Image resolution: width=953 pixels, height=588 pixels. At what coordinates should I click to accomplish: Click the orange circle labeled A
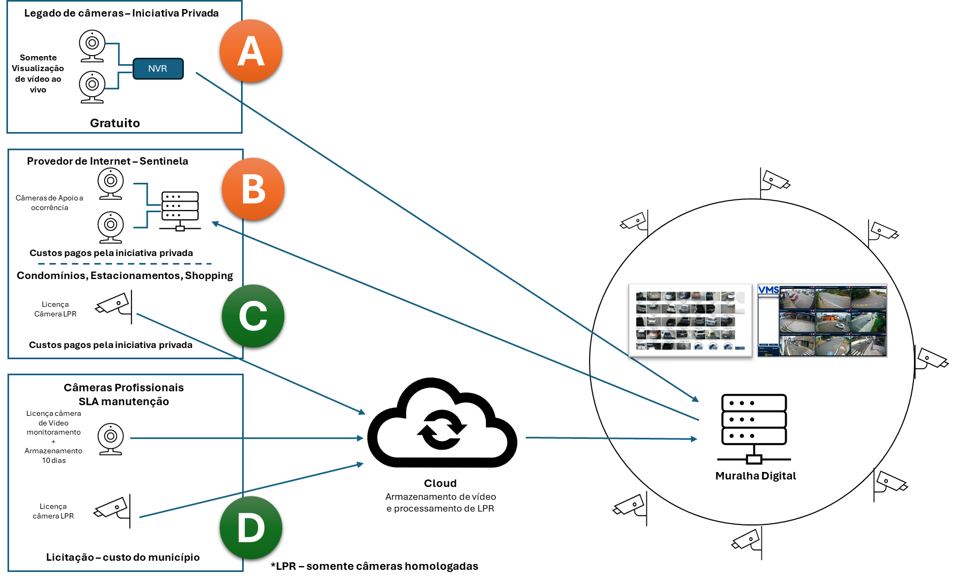click(251, 51)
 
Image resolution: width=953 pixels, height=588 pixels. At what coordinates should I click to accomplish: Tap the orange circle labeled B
click(253, 189)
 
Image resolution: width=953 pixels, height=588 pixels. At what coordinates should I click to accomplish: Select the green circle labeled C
click(253, 316)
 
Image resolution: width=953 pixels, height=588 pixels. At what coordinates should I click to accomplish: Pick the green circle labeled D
click(251, 528)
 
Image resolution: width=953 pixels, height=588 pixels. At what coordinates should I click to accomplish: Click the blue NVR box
click(158, 68)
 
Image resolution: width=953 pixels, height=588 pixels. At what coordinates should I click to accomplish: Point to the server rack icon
click(180, 211)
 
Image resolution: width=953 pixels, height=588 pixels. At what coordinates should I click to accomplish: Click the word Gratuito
click(115, 123)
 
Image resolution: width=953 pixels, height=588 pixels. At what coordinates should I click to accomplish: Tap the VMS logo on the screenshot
click(768, 290)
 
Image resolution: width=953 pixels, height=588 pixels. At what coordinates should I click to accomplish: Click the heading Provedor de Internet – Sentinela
click(107, 161)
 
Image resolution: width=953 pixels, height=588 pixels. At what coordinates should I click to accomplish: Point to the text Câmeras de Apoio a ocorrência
click(49, 203)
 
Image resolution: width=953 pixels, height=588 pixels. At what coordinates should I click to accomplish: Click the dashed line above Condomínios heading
click(125, 264)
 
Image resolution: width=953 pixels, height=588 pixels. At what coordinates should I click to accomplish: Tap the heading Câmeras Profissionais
click(123, 388)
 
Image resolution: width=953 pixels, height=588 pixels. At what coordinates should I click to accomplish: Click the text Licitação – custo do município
click(123, 557)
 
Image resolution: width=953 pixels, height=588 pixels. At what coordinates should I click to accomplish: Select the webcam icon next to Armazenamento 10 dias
click(111, 438)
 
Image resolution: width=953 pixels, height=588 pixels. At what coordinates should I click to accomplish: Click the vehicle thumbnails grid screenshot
click(689, 320)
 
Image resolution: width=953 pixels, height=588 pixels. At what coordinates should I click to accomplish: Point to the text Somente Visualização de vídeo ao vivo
click(38, 73)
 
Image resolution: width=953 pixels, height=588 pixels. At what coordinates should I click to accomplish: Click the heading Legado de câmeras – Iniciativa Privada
click(121, 13)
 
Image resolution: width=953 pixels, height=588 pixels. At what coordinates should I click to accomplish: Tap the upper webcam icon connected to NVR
click(92, 45)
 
